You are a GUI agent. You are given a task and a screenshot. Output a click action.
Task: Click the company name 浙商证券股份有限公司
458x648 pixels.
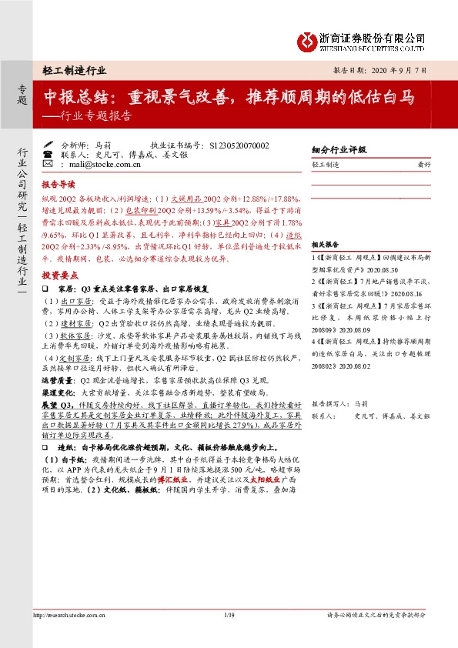coord(373,36)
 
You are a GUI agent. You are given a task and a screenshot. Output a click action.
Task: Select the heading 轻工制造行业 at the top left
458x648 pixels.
coord(75,69)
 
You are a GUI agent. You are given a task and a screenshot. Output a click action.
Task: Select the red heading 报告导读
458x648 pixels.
coord(59,185)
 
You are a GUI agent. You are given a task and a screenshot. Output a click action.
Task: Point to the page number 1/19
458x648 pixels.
coord(229,636)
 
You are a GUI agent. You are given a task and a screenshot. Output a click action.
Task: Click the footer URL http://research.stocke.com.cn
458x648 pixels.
coord(68,636)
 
